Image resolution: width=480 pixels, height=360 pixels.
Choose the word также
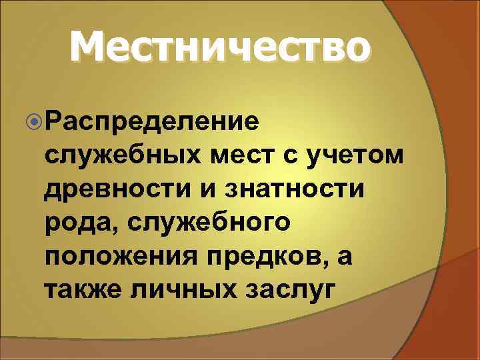82,290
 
